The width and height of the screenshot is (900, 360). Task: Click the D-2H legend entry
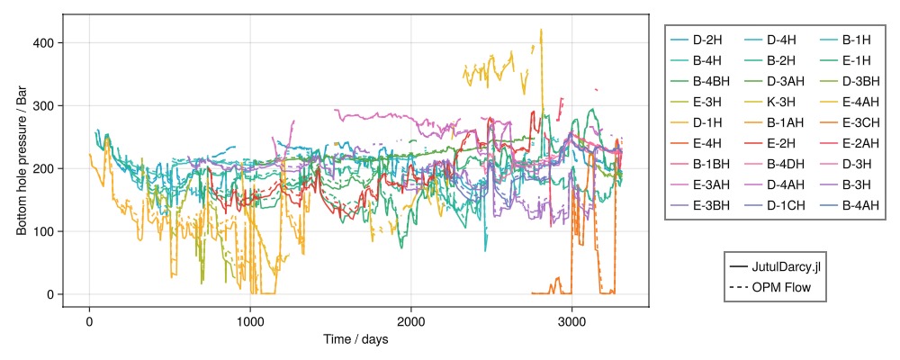point(705,40)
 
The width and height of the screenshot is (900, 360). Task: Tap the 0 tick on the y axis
point(52,295)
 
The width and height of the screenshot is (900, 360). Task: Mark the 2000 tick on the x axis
point(411,322)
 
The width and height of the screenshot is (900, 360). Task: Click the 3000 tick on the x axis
point(572,322)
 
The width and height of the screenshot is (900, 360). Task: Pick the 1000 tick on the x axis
point(250,322)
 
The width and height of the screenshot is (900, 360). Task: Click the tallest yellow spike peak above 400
point(541,30)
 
